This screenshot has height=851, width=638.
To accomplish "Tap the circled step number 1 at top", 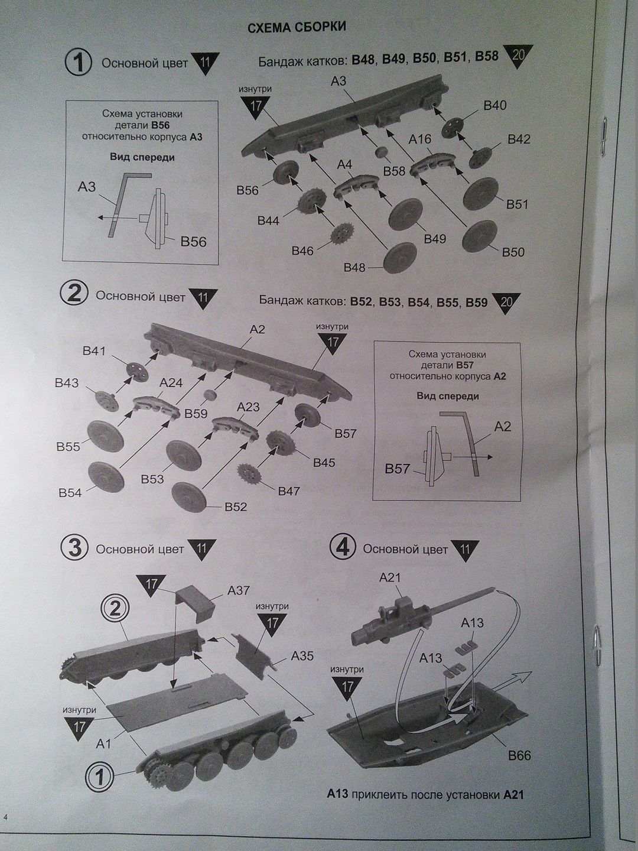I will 78,63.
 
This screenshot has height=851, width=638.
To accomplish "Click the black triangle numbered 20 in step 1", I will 518,56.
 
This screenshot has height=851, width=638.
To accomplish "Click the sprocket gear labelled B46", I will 340,234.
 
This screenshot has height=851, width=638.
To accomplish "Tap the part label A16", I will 420,139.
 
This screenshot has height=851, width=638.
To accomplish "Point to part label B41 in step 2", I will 94,351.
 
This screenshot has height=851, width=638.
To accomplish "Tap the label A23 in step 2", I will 248,407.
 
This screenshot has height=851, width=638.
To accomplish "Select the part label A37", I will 239,590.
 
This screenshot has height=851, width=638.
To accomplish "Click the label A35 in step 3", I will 302,656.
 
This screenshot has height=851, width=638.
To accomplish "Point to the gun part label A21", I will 390,577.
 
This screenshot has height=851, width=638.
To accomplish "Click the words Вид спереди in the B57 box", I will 448,396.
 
